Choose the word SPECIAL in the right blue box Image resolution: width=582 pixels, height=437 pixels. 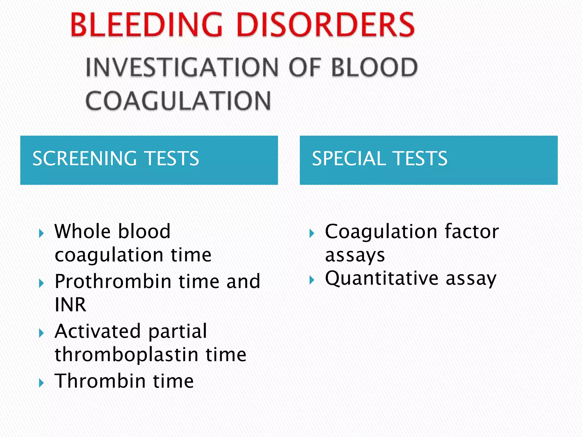click(348, 158)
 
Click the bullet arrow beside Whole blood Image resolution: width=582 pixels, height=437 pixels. click(41, 234)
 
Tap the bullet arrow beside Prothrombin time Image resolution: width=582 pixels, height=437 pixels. click(41, 283)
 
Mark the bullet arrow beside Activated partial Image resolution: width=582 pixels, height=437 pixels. click(41, 333)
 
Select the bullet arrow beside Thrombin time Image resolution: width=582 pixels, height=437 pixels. click(41, 383)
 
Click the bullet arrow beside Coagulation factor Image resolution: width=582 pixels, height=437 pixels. click(312, 234)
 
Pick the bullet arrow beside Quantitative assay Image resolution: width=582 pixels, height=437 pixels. click(312, 281)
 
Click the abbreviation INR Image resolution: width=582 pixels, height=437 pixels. click(70, 305)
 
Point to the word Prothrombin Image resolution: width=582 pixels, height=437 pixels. click(113, 281)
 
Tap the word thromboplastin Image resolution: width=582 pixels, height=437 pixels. click(126, 354)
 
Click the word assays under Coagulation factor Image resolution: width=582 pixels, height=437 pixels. click(355, 255)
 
